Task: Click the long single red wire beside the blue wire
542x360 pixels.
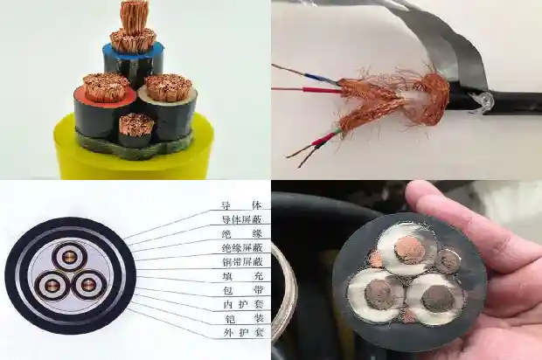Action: tap(297, 89)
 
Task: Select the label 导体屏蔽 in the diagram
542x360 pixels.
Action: tap(240, 218)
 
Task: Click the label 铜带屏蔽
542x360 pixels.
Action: tap(240, 262)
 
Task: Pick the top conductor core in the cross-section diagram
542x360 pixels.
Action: tap(68, 256)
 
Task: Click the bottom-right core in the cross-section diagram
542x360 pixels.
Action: tap(87, 286)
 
